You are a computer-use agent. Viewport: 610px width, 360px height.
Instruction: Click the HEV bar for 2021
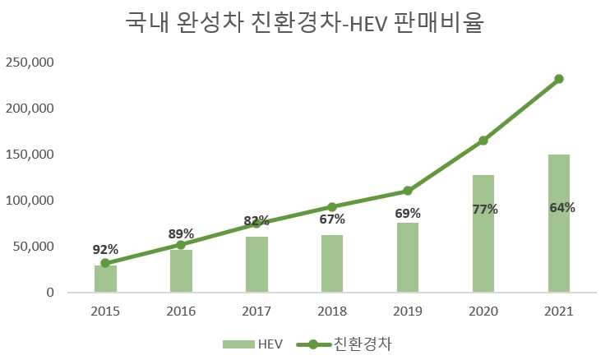point(559,247)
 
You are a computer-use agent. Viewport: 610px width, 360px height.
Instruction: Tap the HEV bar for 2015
point(105,279)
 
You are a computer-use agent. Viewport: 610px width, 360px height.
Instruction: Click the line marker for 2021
point(559,79)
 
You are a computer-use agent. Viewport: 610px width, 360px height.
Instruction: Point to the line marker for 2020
point(483,141)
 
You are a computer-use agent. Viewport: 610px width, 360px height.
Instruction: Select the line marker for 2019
point(408,191)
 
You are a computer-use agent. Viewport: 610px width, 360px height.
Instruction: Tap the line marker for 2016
point(181,244)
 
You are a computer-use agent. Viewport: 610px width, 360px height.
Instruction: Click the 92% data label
point(105,250)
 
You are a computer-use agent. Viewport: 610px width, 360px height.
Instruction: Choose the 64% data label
point(562,207)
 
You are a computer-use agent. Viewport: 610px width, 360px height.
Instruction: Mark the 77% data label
point(485,209)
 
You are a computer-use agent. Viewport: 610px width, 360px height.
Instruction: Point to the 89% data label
point(181,233)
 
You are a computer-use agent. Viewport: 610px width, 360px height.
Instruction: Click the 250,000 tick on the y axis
point(30,62)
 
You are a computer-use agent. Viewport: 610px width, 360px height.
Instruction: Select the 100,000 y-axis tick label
point(30,201)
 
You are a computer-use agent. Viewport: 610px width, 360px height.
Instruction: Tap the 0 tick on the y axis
point(50,293)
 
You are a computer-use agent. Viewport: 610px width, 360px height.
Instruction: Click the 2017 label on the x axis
point(256,312)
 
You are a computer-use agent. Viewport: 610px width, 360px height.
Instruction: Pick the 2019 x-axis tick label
point(408,312)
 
